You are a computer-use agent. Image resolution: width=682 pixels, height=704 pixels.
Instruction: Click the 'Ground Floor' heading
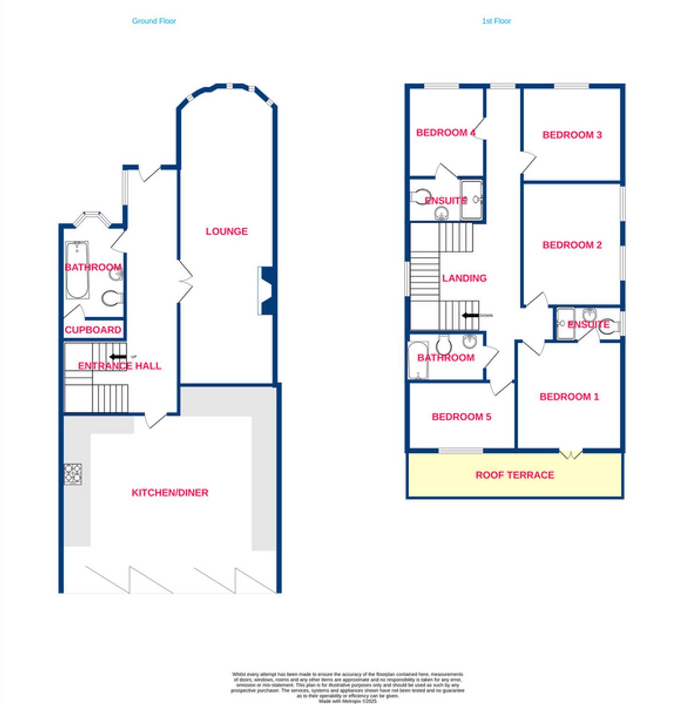tap(154, 21)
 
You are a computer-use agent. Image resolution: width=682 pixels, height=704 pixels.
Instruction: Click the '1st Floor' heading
tap(496, 21)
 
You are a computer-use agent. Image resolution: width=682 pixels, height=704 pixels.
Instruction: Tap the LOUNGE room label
tap(226, 231)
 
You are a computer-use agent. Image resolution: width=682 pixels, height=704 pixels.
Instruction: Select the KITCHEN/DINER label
tap(169, 492)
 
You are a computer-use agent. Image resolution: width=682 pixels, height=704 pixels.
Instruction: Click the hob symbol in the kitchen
tap(73, 474)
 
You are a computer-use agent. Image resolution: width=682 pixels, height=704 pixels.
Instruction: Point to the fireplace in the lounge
tap(267, 291)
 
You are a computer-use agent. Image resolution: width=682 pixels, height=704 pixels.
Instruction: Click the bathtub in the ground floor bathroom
tap(77, 270)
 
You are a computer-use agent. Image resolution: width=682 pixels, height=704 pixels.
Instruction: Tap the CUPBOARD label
tap(93, 330)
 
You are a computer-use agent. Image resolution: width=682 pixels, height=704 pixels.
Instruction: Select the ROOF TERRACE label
tap(514, 475)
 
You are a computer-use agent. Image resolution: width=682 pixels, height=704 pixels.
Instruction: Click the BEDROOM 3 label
tap(572, 135)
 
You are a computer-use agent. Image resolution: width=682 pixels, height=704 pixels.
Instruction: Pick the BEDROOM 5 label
tap(461, 417)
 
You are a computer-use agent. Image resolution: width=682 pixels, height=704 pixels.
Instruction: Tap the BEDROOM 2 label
tap(572, 245)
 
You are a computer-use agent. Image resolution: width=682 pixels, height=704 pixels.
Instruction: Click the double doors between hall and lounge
tap(184, 282)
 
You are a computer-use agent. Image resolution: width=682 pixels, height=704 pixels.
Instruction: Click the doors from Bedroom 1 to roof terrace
tap(570, 454)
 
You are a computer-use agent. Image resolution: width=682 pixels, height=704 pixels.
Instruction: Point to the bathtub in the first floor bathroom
tap(418, 360)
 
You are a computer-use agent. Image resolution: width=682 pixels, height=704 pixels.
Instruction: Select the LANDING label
tap(464, 278)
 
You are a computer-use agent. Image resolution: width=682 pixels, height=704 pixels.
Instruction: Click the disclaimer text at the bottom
tap(347, 687)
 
